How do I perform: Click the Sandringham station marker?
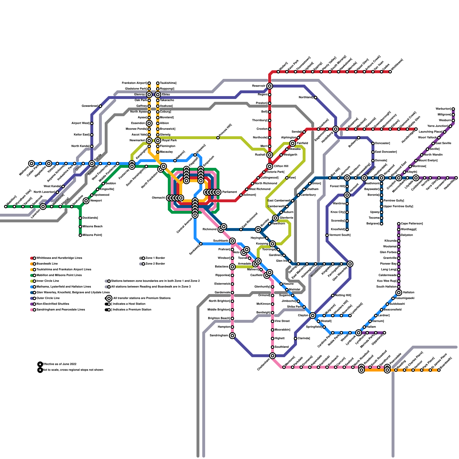point(232,336)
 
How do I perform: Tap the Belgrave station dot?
point(382,224)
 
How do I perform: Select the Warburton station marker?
point(453,109)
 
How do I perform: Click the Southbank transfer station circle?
point(232,241)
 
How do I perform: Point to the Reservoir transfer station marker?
point(270,86)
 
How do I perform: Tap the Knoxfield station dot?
point(347,229)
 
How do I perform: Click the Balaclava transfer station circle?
point(232,267)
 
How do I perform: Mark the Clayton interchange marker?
point(313,316)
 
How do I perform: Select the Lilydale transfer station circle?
point(416,178)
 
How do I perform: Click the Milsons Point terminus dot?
point(80,235)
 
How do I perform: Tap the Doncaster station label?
point(382,143)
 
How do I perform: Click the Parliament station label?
point(229,192)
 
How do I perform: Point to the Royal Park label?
point(170,140)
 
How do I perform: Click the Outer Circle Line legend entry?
point(48,298)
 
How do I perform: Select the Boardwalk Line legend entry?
point(47,264)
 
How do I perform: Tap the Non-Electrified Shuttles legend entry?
point(53,304)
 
